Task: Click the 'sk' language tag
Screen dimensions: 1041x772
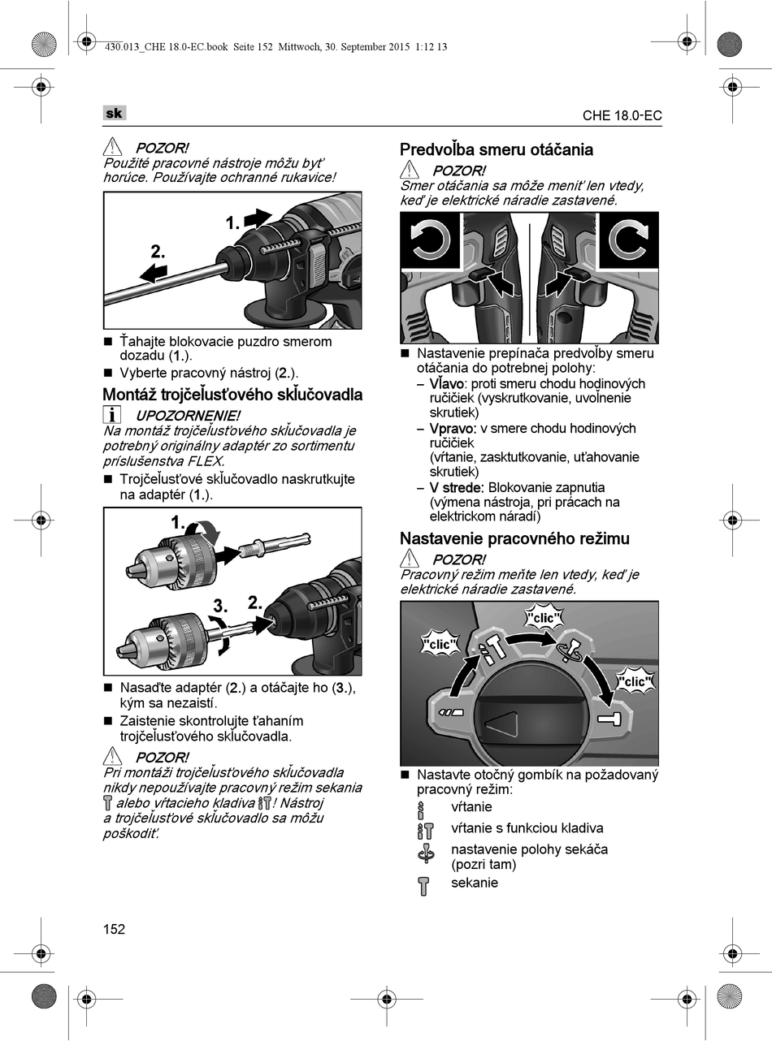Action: (114, 114)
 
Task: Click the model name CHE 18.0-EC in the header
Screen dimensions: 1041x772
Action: (622, 115)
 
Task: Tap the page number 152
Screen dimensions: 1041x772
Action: (115, 930)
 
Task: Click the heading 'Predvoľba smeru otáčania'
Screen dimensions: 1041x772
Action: (496, 149)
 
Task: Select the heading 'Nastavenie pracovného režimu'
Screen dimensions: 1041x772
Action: (514, 538)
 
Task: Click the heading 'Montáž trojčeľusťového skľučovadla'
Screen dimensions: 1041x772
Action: (232, 395)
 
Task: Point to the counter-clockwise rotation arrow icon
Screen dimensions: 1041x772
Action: (431, 241)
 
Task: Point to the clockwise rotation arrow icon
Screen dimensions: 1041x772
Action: (628, 241)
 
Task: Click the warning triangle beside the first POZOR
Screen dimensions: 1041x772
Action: (112, 148)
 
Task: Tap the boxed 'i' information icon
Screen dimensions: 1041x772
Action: (112, 415)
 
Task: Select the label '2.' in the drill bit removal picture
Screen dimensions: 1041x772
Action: (158, 252)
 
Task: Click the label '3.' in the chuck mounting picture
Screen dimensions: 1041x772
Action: (220, 606)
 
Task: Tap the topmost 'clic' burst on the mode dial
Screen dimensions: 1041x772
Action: (543, 618)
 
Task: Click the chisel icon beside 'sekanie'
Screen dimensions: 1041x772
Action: (423, 885)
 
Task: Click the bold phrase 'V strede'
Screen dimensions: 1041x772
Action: (457, 487)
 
